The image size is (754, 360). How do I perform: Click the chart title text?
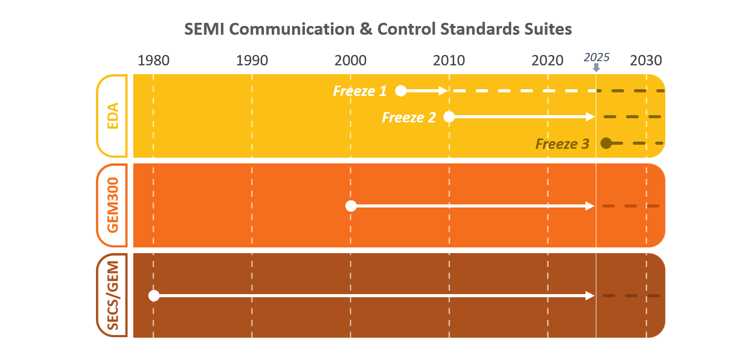click(x=378, y=29)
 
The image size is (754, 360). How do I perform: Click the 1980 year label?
click(x=153, y=61)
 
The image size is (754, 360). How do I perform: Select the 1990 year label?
click(x=252, y=61)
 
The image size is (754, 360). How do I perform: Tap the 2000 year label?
click(x=351, y=61)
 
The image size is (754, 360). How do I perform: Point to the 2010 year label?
click(x=449, y=61)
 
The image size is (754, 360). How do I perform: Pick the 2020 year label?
click(x=548, y=61)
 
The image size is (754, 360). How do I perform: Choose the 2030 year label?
click(x=646, y=61)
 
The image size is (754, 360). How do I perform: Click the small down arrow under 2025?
click(x=596, y=68)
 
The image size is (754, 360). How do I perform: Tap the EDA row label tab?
click(x=112, y=116)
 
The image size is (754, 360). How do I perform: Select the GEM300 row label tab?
click(x=112, y=205)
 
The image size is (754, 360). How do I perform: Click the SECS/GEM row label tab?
click(x=112, y=295)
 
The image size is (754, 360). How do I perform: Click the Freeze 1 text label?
click(x=360, y=91)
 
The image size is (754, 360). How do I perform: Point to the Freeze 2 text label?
click(x=409, y=117)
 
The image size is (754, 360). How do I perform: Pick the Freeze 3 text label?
click(x=562, y=144)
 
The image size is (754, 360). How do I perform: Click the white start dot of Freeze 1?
click(x=400, y=91)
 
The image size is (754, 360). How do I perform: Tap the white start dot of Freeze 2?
click(x=449, y=117)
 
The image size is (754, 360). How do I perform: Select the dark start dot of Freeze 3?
click(x=606, y=143)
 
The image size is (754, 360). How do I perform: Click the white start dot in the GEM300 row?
click(x=351, y=206)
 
